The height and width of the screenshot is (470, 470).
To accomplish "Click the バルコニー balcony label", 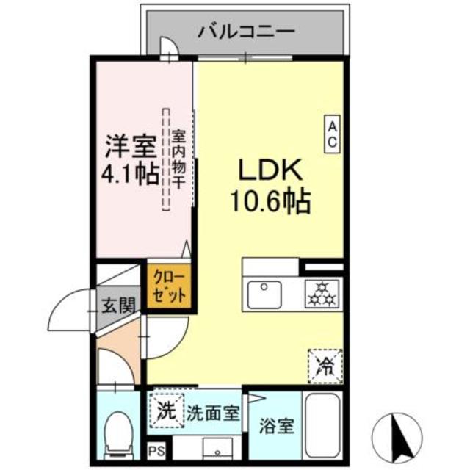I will pyautogui.click(x=247, y=32).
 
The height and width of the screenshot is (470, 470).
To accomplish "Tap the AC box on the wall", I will pyautogui.click(x=333, y=134).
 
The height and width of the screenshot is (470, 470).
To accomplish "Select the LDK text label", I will pyautogui.click(x=269, y=170).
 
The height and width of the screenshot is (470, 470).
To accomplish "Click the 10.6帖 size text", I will pyautogui.click(x=271, y=200).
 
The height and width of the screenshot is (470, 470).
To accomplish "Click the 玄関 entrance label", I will pyautogui.click(x=118, y=303).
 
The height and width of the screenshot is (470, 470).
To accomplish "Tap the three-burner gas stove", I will pyautogui.click(x=322, y=294).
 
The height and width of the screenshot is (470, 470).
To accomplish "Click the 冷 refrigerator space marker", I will pyautogui.click(x=324, y=365).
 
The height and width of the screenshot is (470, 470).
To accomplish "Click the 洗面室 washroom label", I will pyautogui.click(x=212, y=413).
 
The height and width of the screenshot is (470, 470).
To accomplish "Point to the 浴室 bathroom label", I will pyautogui.click(x=275, y=426).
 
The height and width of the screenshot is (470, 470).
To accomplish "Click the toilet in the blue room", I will pyautogui.click(x=118, y=433).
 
